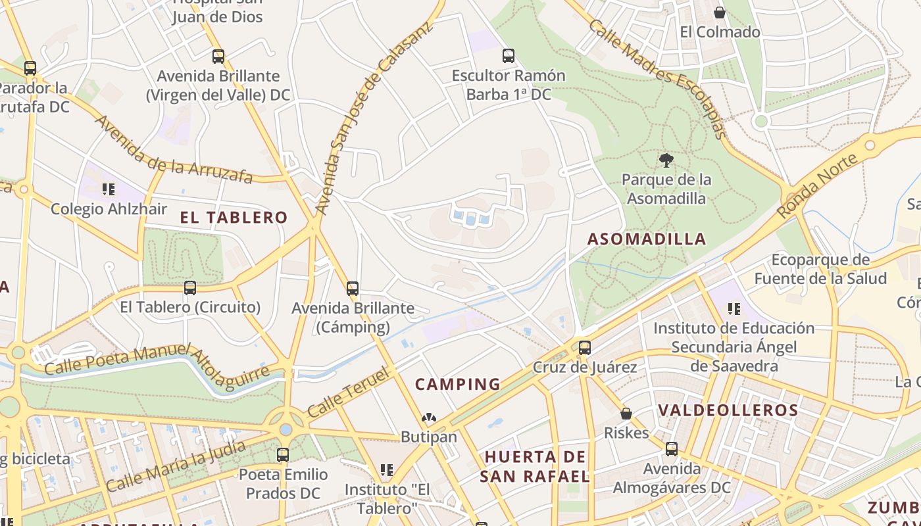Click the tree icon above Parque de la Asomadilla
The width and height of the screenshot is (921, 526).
click(x=666, y=160)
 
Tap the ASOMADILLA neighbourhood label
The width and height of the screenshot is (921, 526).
click(x=647, y=239)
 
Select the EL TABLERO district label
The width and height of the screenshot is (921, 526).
click(x=234, y=218)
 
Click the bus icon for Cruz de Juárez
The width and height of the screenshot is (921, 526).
click(x=585, y=347)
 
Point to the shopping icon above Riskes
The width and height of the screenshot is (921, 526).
click(x=626, y=414)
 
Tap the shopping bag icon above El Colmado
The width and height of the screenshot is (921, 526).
click(x=720, y=12)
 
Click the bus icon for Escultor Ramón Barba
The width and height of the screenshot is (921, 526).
click(x=508, y=56)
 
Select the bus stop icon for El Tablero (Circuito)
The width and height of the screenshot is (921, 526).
click(x=190, y=287)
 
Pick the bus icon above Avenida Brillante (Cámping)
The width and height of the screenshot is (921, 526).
click(x=353, y=288)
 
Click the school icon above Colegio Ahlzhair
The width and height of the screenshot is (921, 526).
click(x=109, y=189)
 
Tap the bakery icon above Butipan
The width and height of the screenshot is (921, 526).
click(x=429, y=418)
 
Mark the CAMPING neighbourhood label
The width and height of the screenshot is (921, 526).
click(x=458, y=384)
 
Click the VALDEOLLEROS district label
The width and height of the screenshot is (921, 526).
click(x=728, y=410)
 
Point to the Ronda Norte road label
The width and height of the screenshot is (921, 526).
click(x=818, y=186)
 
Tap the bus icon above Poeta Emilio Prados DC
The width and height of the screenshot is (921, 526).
click(x=283, y=454)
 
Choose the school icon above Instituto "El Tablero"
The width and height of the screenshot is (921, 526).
click(x=387, y=469)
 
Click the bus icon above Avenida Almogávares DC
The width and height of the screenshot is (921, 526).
click(x=672, y=449)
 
